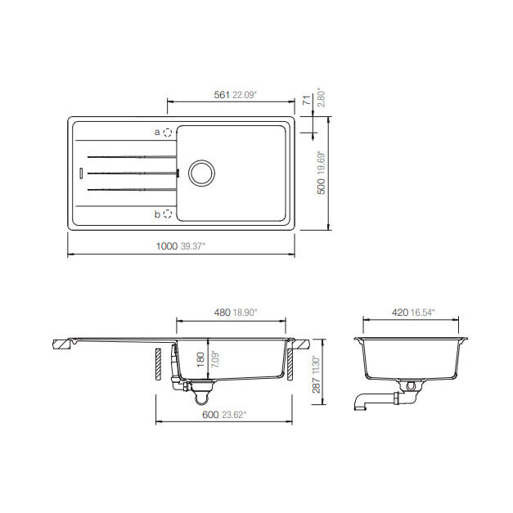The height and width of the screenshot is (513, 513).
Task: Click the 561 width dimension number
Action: coord(222,95)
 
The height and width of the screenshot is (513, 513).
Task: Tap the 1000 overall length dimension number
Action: coord(167,246)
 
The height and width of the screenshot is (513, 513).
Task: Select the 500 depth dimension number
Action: coord(322,187)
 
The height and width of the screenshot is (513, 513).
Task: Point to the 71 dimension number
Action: coord(307,100)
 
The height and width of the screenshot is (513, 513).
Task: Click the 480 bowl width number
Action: coord(223,313)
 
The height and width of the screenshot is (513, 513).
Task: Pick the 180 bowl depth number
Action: coord(200,359)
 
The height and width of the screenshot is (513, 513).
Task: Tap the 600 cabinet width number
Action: coord(210,415)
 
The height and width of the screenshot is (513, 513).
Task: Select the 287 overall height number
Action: coord(316,385)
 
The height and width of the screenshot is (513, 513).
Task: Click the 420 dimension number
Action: coord(400,313)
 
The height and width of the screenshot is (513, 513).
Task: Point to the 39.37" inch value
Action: coord(193,246)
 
